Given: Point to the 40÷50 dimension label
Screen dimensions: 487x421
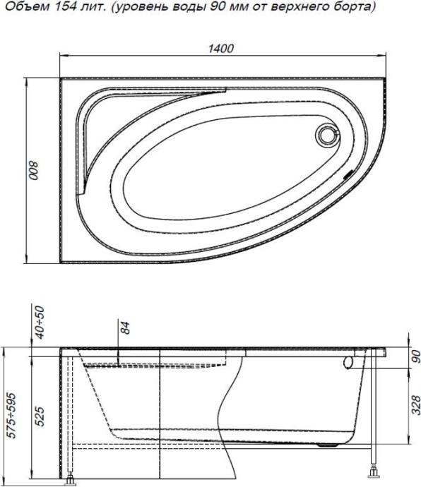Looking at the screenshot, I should pyautogui.click(x=40, y=323).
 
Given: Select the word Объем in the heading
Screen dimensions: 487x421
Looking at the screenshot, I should pyautogui.click(x=22, y=7).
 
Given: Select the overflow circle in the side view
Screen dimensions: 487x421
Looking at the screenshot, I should pyautogui.click(x=349, y=362).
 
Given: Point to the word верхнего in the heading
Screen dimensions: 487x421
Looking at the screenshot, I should pyautogui.click(x=290, y=7).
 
